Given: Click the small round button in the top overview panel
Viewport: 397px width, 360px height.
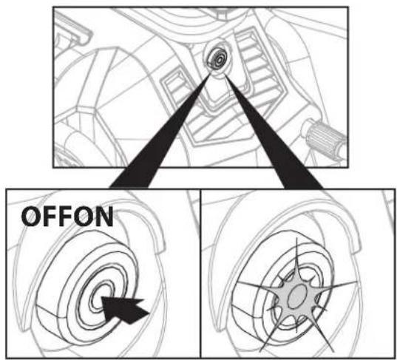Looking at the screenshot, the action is pyautogui.click(x=217, y=58).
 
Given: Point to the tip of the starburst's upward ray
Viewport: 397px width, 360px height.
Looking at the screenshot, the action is pyautogui.click(x=296, y=237).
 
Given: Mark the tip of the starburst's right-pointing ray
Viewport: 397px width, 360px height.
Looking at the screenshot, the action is pyautogui.click(x=356, y=282).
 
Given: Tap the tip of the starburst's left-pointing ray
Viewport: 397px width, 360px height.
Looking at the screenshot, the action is pyautogui.click(x=237, y=282).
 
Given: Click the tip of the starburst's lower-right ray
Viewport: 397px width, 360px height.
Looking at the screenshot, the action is pyautogui.click(x=332, y=351).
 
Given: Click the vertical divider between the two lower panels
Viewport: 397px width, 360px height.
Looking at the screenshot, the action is pyautogui.click(x=200, y=274).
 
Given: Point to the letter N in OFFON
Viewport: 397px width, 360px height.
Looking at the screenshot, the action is pyautogui.click(x=104, y=217).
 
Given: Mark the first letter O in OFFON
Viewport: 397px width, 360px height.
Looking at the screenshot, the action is pyautogui.click(x=30, y=217).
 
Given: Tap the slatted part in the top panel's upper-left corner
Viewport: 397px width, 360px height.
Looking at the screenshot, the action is pyautogui.click(x=72, y=29).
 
